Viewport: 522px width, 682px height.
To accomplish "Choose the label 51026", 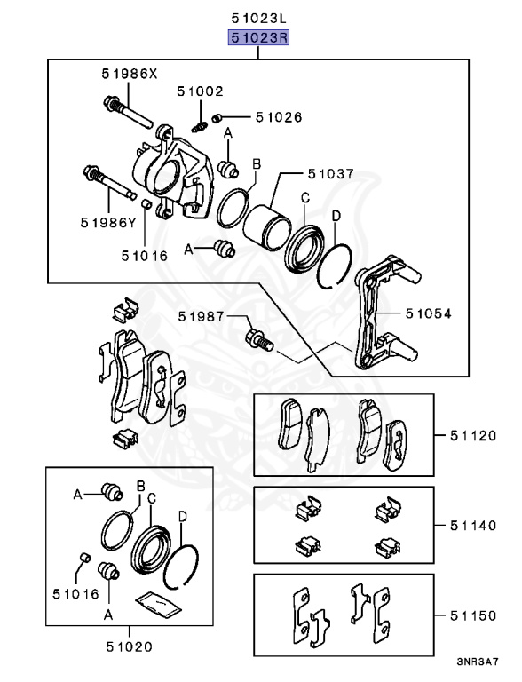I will click(279, 116).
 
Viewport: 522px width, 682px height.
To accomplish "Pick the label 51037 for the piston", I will click(330, 174).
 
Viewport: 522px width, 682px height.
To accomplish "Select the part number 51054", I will click(429, 313).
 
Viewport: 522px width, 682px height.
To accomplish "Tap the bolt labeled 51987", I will click(257, 338).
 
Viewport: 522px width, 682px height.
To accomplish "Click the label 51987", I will click(200, 316).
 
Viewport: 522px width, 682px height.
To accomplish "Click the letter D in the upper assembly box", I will click(336, 216).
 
